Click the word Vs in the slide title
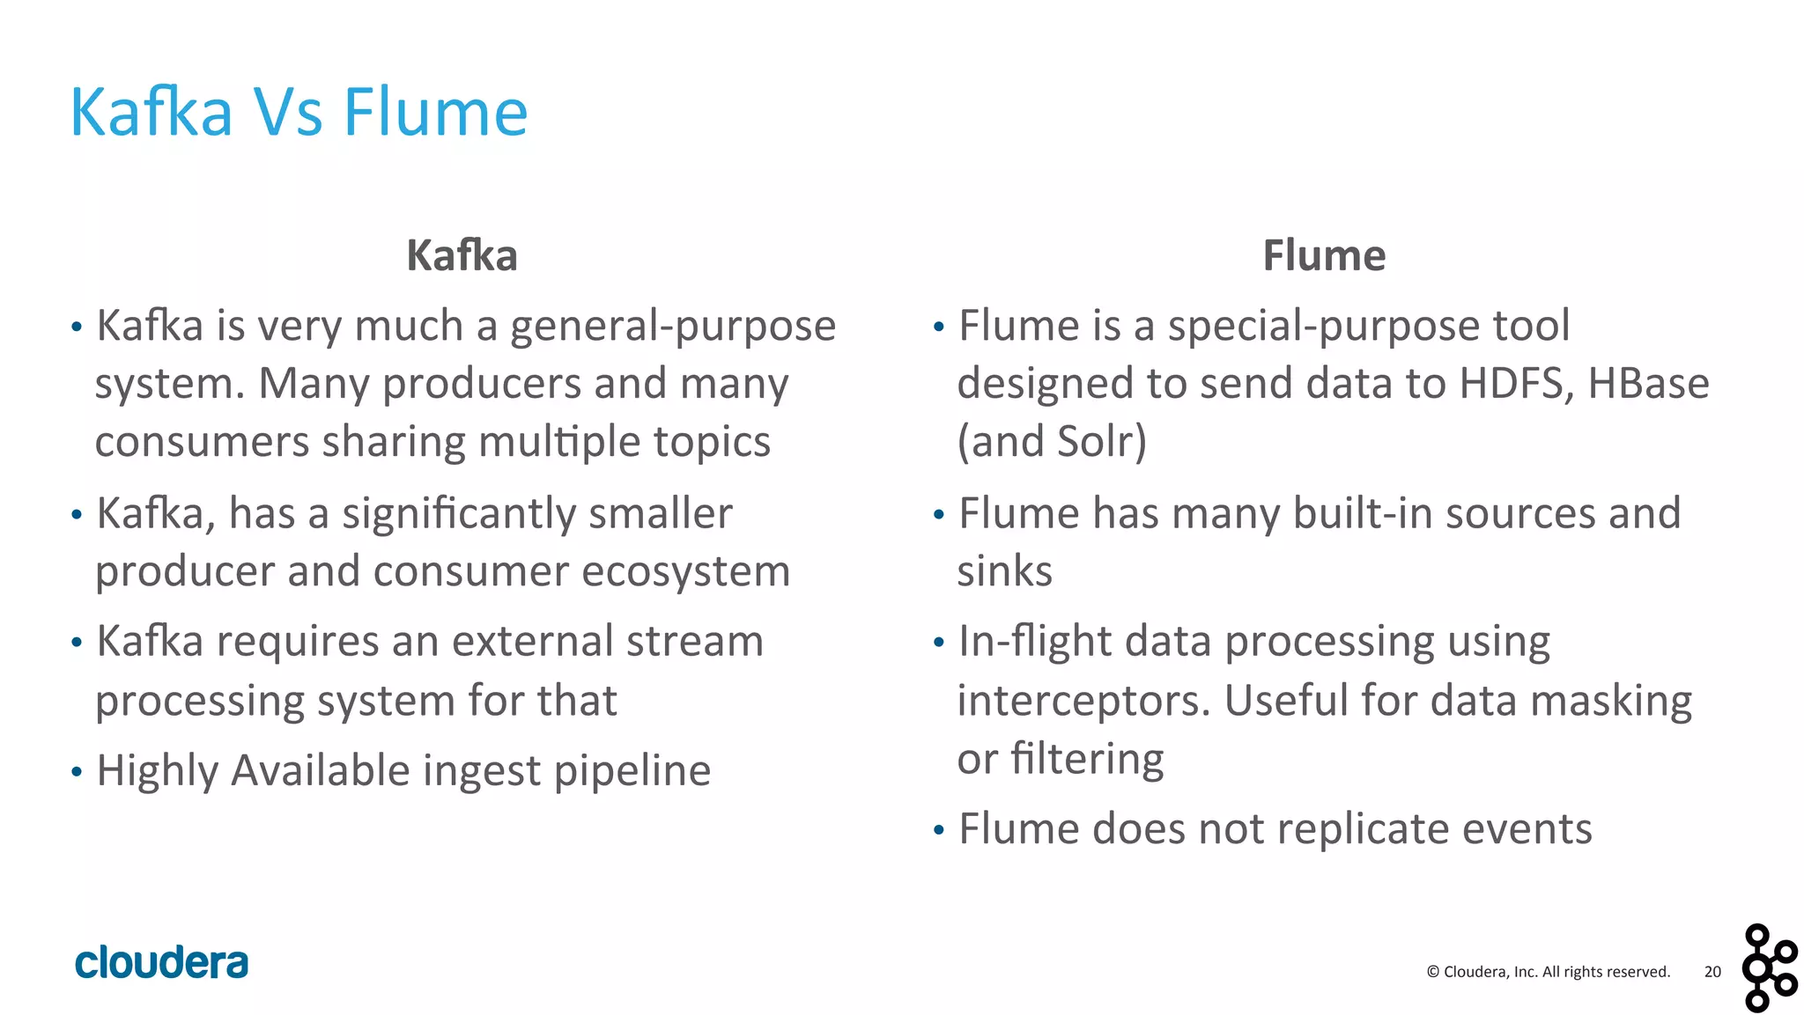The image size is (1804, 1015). [x=288, y=113]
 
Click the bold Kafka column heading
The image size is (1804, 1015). [x=462, y=256]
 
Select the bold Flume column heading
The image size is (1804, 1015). [x=1324, y=256]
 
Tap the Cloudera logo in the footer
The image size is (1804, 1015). [x=162, y=963]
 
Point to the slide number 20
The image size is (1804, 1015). [x=1712, y=972]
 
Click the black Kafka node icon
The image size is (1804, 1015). [x=1769, y=967]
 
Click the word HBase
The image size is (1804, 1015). [x=1648, y=384]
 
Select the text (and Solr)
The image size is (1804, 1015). [x=1052, y=442]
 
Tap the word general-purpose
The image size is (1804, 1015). [x=673, y=327]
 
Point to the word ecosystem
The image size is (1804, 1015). [x=685, y=571]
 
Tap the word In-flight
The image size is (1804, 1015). [x=1035, y=642]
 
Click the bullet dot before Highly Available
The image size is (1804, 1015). [x=77, y=773]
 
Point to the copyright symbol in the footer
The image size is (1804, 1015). [x=1433, y=972]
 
